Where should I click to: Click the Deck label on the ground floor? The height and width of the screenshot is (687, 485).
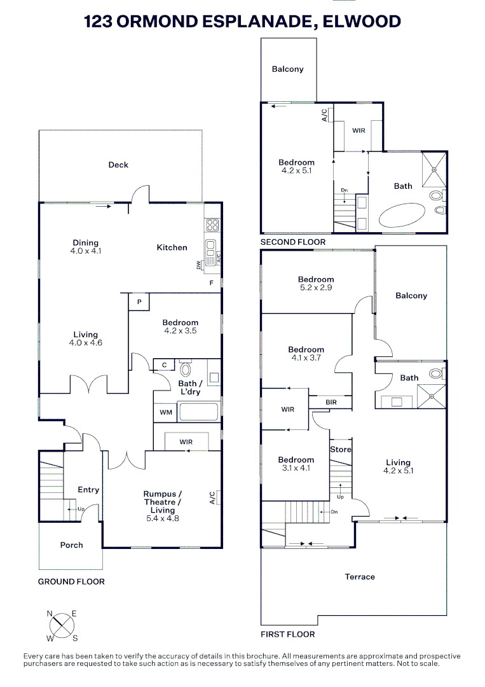(x=118, y=165)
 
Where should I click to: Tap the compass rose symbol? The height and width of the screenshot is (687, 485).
(x=62, y=625)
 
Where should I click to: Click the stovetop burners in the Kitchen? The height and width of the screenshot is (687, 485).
(x=212, y=225)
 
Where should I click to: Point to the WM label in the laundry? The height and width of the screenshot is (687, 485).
(x=166, y=412)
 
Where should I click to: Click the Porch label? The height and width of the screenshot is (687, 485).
(x=72, y=545)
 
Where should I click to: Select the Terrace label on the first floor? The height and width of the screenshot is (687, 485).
(x=360, y=577)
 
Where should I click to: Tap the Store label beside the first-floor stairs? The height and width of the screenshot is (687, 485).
(x=340, y=450)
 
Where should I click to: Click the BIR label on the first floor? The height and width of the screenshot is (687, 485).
(x=331, y=403)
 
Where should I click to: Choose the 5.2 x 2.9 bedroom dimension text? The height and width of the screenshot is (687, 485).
(x=316, y=288)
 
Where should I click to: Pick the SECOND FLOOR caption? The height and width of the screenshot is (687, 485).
(x=292, y=242)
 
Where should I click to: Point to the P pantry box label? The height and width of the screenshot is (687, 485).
(x=139, y=302)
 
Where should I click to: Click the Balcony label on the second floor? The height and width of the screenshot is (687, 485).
(x=288, y=69)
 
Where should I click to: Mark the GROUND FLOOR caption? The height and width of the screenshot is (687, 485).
(x=71, y=581)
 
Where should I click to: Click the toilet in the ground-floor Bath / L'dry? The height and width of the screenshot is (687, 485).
(x=186, y=370)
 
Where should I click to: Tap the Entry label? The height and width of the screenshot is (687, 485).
(x=88, y=490)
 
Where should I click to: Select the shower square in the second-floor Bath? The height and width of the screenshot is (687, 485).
(x=434, y=169)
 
